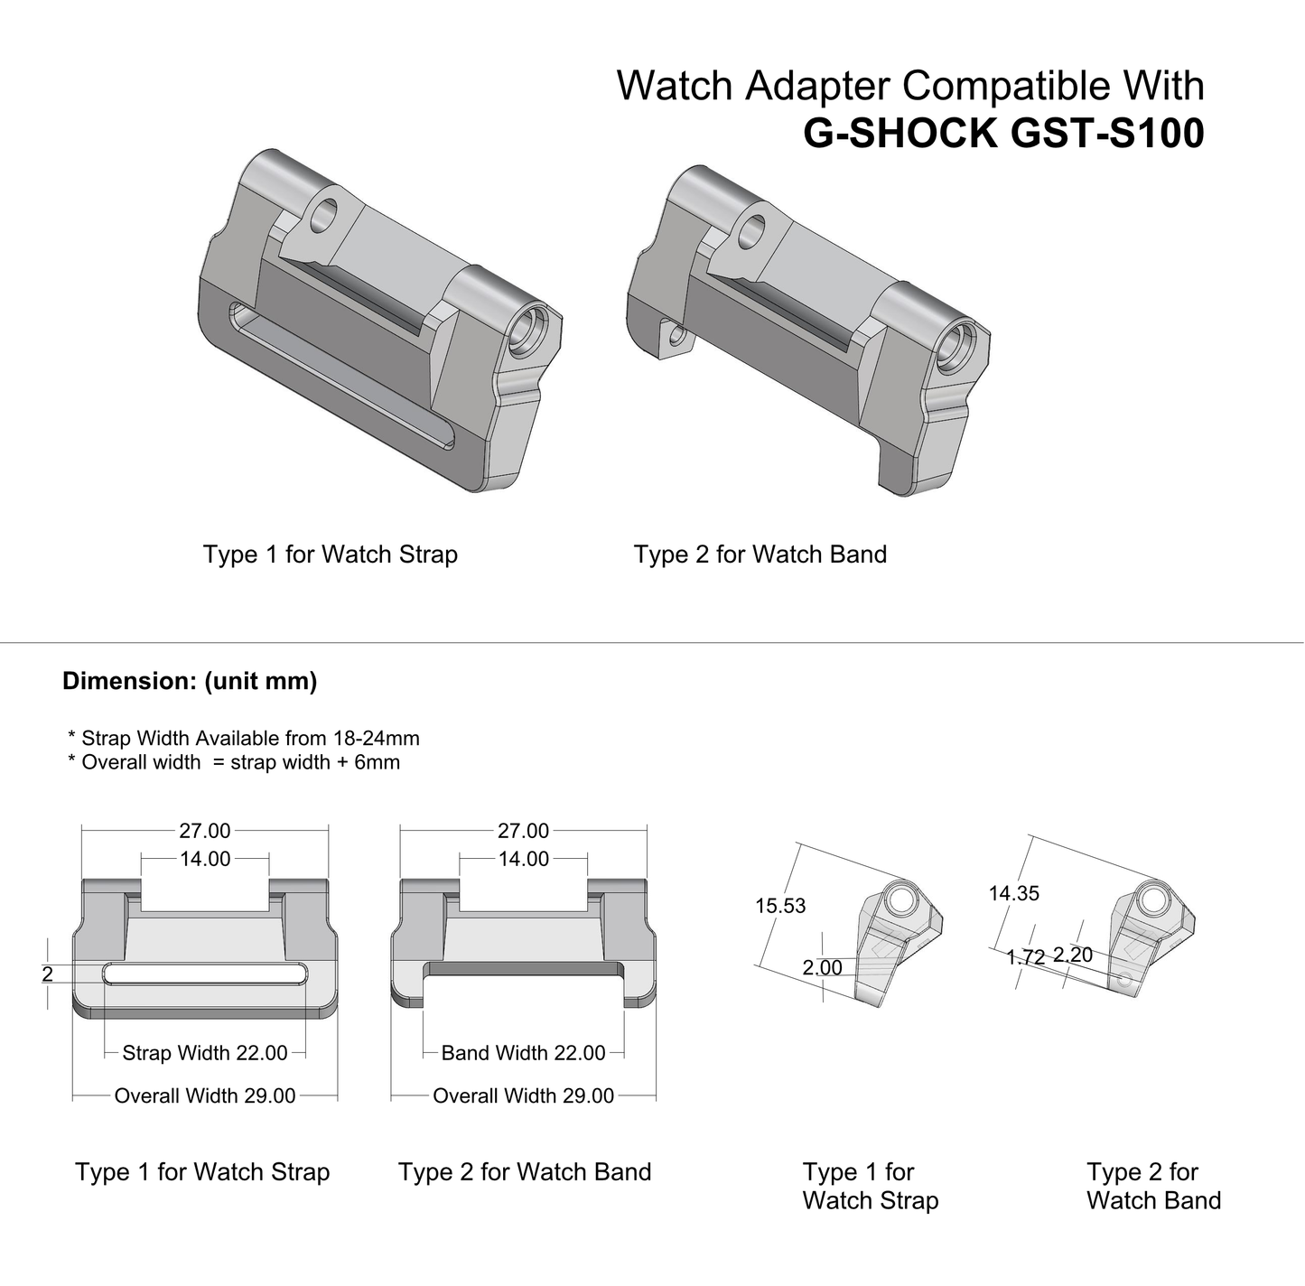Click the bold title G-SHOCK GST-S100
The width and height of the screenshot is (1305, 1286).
tap(1003, 134)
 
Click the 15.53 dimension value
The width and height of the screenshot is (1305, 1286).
tap(780, 906)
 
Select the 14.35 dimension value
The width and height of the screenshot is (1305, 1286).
tap(1013, 893)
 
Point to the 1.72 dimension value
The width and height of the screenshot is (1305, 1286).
tap(1025, 957)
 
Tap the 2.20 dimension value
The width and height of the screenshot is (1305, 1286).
tap(1073, 955)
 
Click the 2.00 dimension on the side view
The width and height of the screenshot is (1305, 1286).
tap(822, 967)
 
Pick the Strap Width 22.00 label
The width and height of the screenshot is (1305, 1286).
tap(205, 1053)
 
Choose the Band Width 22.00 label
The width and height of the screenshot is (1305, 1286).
tap(523, 1053)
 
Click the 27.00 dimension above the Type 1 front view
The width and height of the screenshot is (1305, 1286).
tap(205, 831)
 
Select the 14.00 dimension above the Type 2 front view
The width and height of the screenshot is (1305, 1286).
tap(524, 859)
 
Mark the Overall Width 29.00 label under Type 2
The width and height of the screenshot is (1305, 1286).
tap(523, 1095)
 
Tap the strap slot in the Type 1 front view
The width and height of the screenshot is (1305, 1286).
tap(204, 974)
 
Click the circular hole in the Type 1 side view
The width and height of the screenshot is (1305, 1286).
tap(898, 899)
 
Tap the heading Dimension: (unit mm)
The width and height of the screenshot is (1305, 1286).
tap(190, 681)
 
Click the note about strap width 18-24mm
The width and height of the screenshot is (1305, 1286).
tap(244, 738)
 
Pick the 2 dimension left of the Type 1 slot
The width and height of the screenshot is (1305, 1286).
tap(47, 974)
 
